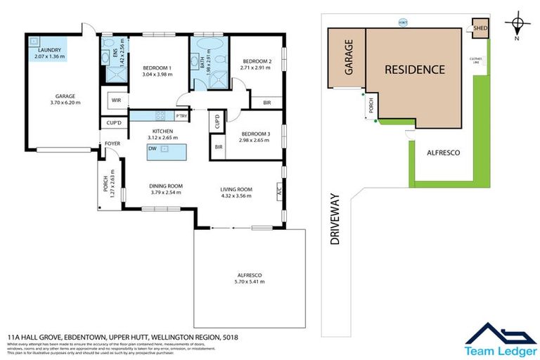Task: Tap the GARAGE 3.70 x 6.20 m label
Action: coord(65,99)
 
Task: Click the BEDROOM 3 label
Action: coord(255,134)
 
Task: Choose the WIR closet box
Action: coord(115,101)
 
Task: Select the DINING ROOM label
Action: coord(165,186)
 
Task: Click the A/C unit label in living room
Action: coord(279,190)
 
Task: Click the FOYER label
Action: coord(112,143)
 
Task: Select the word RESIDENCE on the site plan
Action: coord(414,70)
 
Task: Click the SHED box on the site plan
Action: coord(480,29)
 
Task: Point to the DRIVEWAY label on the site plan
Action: coord(335,219)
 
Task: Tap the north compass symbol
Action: coord(518,25)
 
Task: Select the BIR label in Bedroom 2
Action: coord(266,102)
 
